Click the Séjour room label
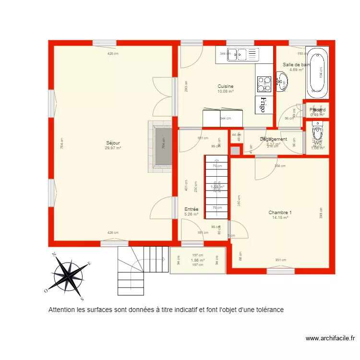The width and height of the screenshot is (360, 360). point(113,143)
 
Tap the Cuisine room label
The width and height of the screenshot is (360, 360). point(225,86)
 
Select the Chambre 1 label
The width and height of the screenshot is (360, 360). point(280,212)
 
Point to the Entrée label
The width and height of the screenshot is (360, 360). point(192,209)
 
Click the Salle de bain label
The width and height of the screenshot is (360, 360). point(296,64)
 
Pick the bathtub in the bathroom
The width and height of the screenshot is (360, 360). point(317,72)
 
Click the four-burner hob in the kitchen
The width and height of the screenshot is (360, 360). point(264,84)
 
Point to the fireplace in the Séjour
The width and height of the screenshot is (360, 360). point(160,146)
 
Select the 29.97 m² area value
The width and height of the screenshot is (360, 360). point(113,148)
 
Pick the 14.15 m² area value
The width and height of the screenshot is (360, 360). point(280,217)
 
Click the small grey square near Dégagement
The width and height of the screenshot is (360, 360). point(235,151)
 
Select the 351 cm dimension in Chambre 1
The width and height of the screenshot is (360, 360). point(281,260)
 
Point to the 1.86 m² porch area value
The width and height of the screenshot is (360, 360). point(198,260)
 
